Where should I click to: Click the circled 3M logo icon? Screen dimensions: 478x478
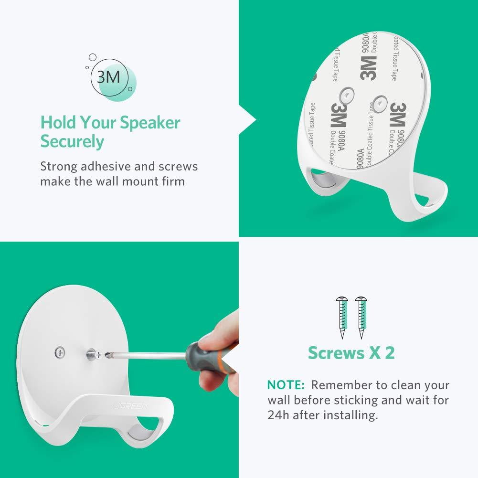coord(109,77)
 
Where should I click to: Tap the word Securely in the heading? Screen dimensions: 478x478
coord(72,142)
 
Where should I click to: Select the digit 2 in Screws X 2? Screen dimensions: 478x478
coord(390,353)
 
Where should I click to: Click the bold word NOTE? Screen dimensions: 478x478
coord(286,385)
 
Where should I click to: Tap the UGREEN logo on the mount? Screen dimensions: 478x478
coord(136,406)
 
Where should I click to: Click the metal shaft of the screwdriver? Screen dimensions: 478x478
coord(143,355)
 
